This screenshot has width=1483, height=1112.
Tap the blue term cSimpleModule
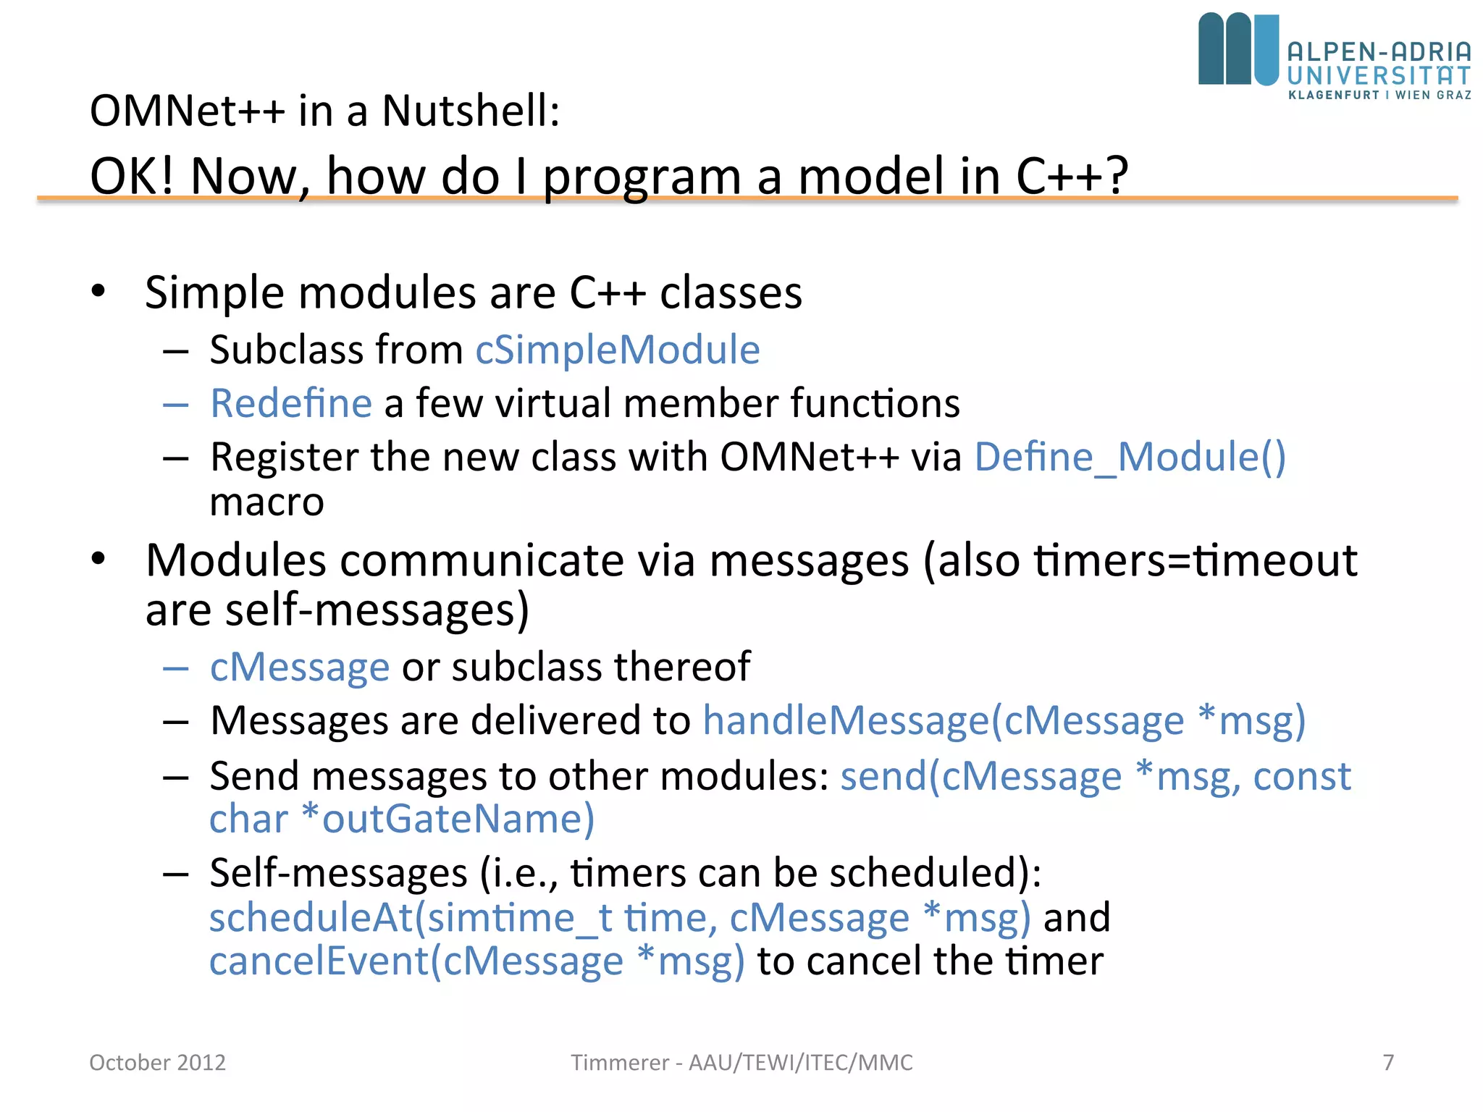[x=617, y=350]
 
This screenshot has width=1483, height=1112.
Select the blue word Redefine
[x=291, y=403]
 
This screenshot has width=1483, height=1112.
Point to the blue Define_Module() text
[x=1130, y=458]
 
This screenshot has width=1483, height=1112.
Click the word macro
[x=266, y=502]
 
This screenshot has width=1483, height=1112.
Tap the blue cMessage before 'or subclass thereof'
[x=300, y=667]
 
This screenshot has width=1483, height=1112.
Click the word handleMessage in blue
[x=846, y=721]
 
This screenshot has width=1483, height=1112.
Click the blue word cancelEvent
[x=319, y=961]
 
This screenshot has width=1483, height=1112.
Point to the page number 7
[x=1388, y=1062]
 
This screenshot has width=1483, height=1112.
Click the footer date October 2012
[x=157, y=1062]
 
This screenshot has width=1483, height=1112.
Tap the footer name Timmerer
[x=619, y=1062]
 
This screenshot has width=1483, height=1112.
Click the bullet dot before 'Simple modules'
[x=98, y=292]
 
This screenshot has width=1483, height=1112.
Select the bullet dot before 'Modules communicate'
[x=98, y=559]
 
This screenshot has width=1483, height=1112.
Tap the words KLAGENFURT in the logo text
[x=1334, y=95]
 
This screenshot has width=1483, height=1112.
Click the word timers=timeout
[x=1195, y=560]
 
